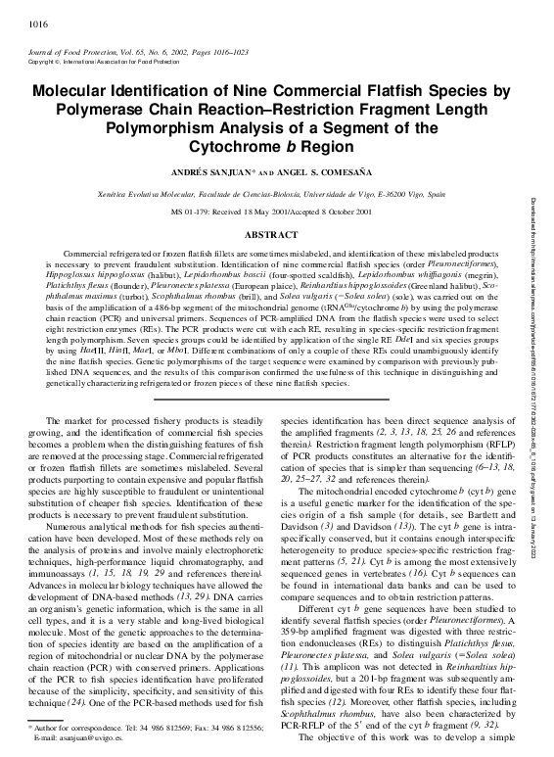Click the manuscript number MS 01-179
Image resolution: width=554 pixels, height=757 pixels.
point(197,212)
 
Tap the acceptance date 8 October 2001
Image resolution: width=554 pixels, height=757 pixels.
point(342,212)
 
